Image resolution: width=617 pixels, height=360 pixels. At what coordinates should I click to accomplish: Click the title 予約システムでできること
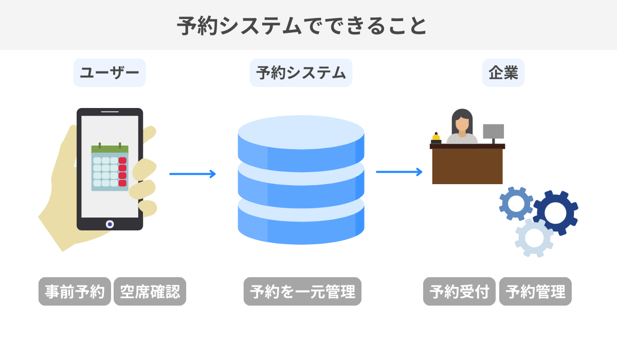pos(302,26)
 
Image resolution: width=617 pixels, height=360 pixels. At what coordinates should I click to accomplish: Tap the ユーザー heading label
pos(110,73)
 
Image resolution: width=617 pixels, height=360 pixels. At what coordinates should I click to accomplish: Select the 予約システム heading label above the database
pos(301,73)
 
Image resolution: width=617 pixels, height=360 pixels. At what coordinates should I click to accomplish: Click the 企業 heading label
pos(503,73)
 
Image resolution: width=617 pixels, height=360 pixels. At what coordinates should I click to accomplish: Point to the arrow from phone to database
pos(192,174)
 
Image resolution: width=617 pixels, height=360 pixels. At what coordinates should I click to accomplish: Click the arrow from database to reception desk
pos(399,172)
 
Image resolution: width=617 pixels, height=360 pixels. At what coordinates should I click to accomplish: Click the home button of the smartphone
pos(110,224)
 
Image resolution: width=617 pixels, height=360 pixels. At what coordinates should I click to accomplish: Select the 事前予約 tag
pos(75,292)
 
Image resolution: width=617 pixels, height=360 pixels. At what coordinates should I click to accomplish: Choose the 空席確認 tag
pos(150,292)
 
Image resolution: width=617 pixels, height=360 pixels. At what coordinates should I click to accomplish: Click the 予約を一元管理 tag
pos(302,292)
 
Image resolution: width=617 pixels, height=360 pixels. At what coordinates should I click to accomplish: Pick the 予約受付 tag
pos(459,292)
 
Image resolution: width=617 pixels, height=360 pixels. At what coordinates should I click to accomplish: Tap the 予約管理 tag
pos(535,292)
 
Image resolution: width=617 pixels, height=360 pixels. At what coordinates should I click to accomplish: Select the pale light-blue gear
pos(534,238)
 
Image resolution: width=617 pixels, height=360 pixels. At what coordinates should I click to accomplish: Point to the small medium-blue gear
pos(516,204)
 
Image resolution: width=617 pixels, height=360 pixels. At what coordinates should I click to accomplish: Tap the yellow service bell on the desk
pos(436,137)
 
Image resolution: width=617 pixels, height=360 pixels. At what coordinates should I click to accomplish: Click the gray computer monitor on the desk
pos(493,131)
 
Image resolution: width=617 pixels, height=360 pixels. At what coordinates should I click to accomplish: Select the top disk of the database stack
pos(301,133)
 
